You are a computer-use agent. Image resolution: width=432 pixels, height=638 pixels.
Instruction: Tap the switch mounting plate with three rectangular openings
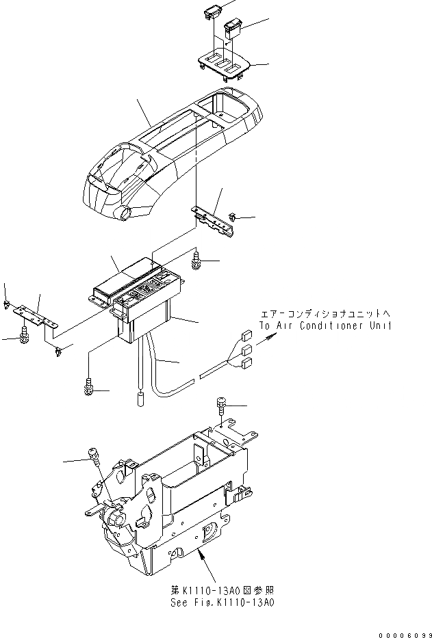pyautogui.click(x=225, y=66)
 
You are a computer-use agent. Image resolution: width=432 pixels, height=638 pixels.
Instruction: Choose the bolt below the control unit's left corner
pyautogui.click(x=88, y=387)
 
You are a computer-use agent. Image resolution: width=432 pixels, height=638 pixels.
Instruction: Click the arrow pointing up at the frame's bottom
pyautogui.click(x=201, y=555)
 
